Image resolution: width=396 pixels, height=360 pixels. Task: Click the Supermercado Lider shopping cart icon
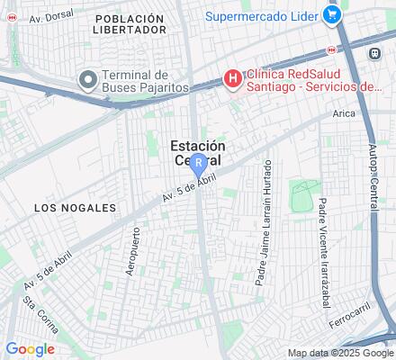coord(331,15)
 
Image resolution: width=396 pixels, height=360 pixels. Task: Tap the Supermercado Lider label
coord(263,15)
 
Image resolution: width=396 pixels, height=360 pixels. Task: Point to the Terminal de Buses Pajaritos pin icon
coord(87,80)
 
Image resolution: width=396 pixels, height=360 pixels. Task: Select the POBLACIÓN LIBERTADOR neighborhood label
coord(130,23)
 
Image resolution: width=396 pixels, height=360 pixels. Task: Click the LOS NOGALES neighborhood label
coord(76,207)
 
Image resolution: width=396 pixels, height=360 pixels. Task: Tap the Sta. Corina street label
coord(40,314)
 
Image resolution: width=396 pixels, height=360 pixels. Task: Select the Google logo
coord(30,349)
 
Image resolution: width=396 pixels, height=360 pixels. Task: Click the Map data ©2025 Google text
coord(340,353)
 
